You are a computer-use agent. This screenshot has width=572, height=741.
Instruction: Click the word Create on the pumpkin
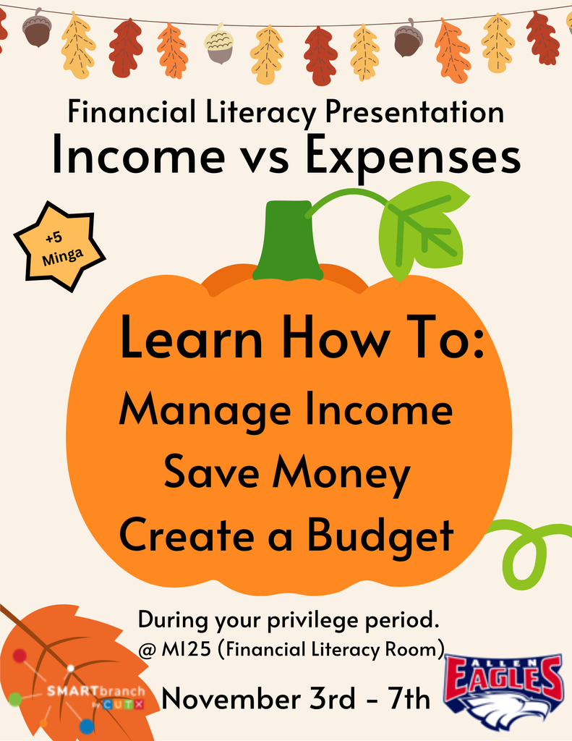click(184, 535)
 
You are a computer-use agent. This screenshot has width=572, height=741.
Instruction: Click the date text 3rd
click(330, 699)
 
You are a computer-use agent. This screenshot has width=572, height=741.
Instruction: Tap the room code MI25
click(190, 649)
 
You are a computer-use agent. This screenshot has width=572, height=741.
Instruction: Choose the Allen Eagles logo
click(504, 691)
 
